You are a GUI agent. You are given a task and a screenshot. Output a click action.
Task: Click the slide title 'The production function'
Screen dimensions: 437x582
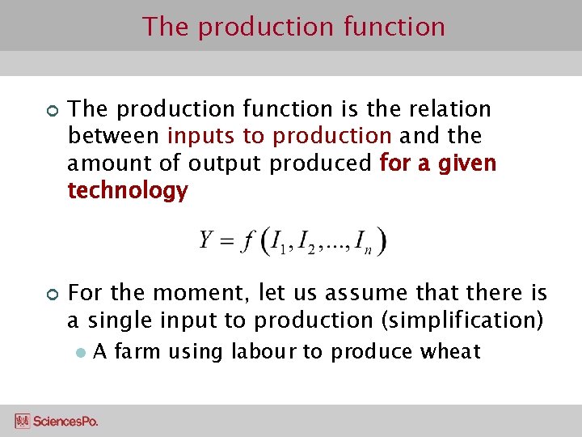point(293,27)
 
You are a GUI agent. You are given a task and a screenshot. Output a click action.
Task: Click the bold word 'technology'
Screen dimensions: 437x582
point(128,191)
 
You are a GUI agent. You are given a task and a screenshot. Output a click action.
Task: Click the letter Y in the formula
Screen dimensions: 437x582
point(207,240)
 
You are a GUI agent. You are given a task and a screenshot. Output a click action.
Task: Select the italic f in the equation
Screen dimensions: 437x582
point(249,241)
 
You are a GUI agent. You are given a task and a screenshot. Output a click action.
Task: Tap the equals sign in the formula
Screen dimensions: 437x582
point(228,241)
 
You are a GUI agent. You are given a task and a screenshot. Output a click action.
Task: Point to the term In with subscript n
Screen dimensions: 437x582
point(364,243)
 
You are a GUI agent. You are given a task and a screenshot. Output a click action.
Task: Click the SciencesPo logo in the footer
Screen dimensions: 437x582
point(57,421)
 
